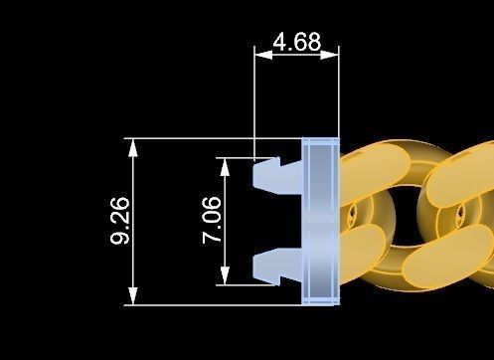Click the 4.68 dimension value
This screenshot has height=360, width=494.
coord(297,42)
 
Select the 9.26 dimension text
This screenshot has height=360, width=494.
coord(119,221)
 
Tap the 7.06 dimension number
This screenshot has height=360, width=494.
coord(212,220)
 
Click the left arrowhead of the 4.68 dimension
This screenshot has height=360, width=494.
coord(263,55)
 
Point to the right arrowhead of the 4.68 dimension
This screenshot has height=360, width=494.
coord(330,55)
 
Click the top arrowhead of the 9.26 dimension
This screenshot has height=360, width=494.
coord(133,147)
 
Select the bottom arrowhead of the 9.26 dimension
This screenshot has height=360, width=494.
coord(133,295)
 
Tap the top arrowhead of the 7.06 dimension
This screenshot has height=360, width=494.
coord(225,167)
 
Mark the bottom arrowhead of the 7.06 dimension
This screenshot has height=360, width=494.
coord(225,275)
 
